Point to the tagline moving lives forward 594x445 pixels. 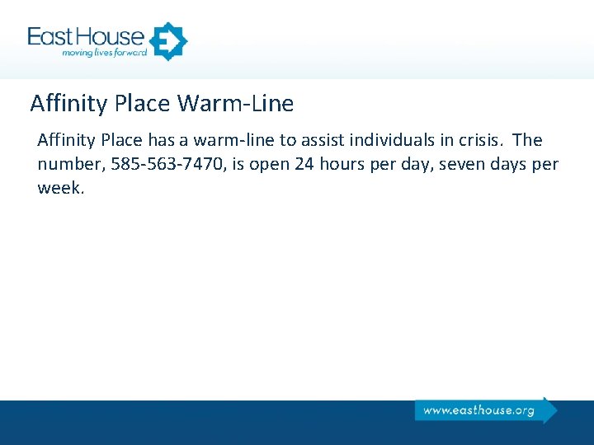point(104,54)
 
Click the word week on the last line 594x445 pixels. point(60,187)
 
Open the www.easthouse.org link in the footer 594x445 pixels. point(478,410)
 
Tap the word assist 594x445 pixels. point(318,141)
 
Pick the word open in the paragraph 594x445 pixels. point(268,164)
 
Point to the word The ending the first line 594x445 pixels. point(527,141)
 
